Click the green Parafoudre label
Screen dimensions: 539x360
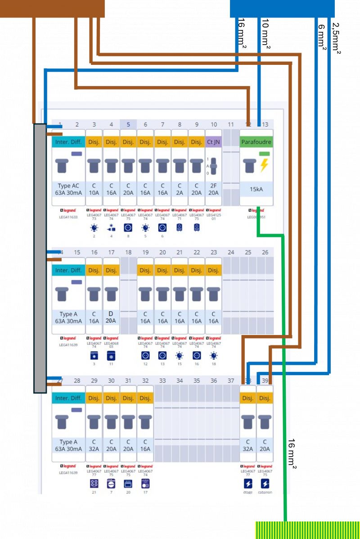coord(256,141)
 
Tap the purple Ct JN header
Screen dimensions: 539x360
coord(213,141)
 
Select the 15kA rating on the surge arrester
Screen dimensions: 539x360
coord(256,189)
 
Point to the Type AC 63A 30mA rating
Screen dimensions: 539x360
coord(68,189)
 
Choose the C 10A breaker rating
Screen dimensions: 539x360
coord(94,189)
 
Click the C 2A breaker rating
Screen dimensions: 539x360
coord(180,189)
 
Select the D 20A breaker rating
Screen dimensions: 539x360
coord(111,317)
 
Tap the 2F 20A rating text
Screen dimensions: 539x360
coord(213,189)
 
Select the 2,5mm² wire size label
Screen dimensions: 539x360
coord(336,39)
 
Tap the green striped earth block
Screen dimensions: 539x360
coord(307,530)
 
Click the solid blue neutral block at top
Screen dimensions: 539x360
coord(282,8)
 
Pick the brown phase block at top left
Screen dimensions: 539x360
coord(52,8)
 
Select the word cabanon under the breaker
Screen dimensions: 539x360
coord(265,493)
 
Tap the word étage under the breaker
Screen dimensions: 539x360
coord(248,493)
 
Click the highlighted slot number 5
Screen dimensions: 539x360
coord(128,125)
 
